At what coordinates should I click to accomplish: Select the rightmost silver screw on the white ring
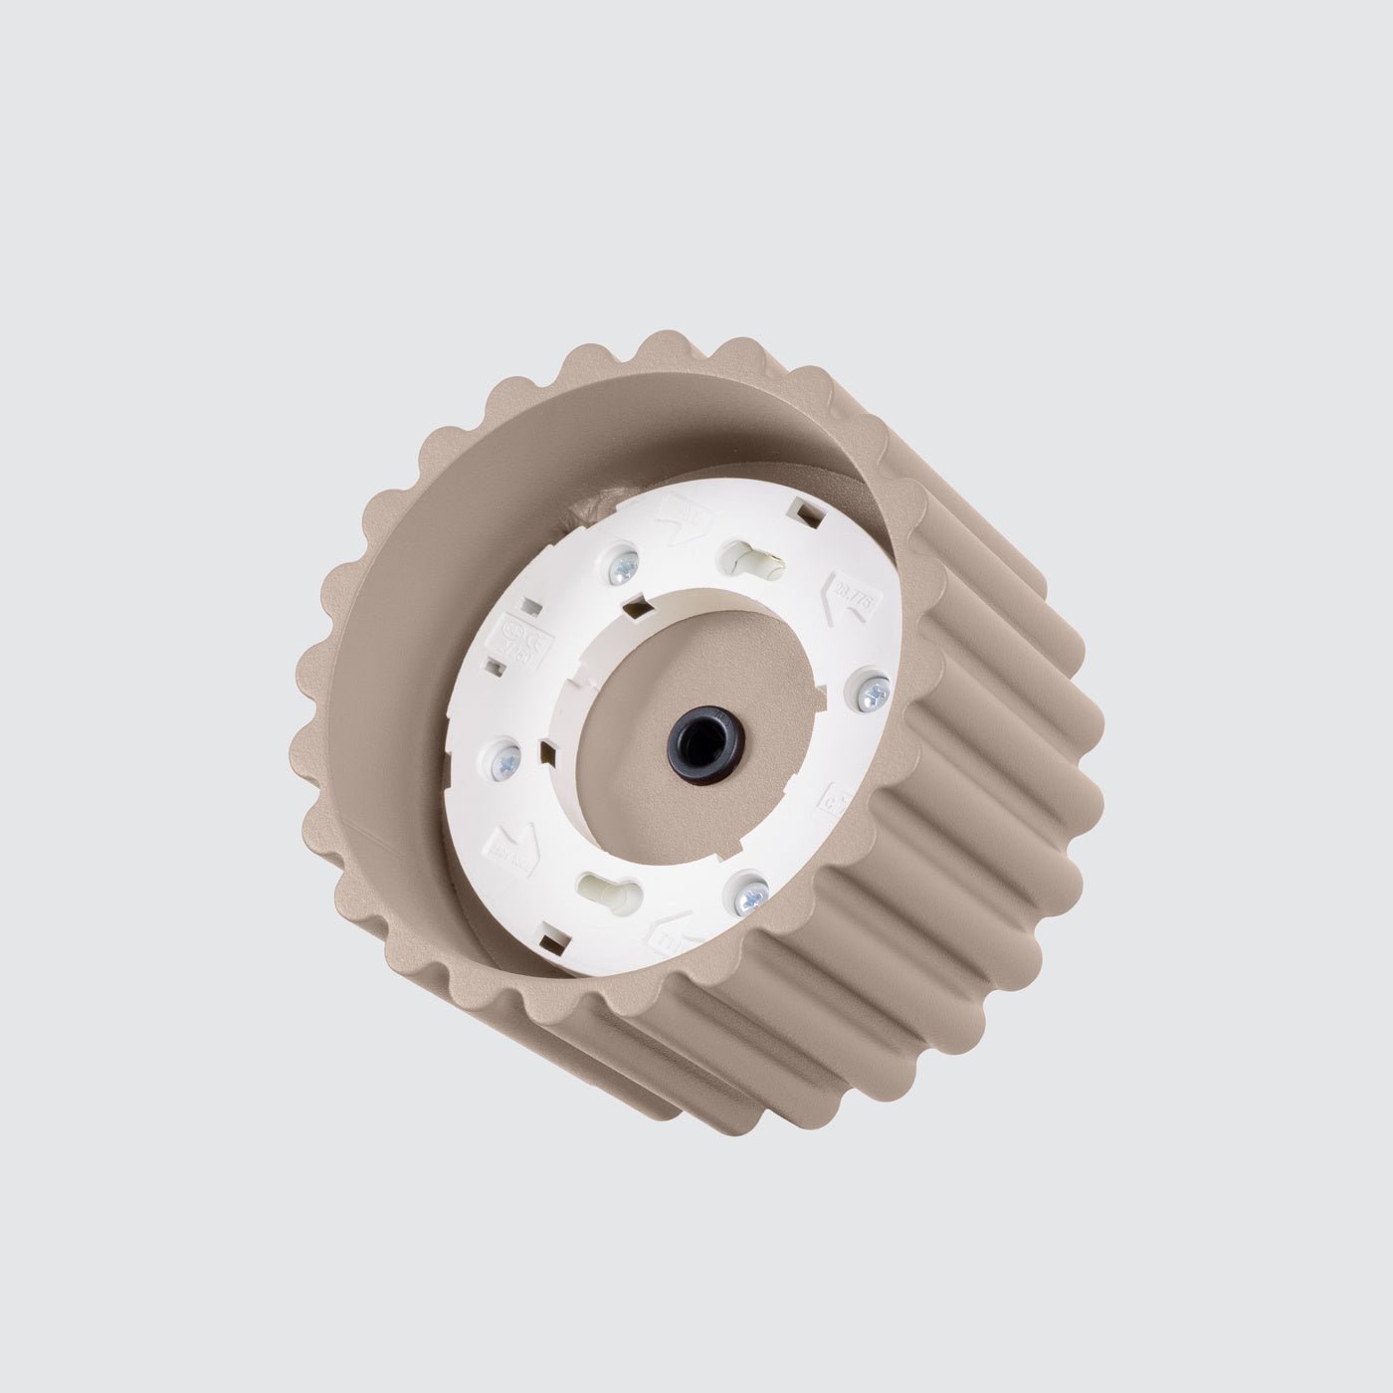[875, 691]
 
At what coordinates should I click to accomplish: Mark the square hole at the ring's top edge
[808, 514]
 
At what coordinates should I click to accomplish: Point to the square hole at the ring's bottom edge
[549, 935]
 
